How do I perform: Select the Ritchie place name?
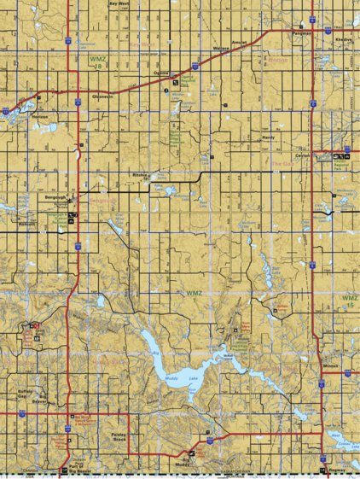(x=141, y=175)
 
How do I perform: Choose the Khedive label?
(x=344, y=40)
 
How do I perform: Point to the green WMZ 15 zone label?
(x=349, y=301)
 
